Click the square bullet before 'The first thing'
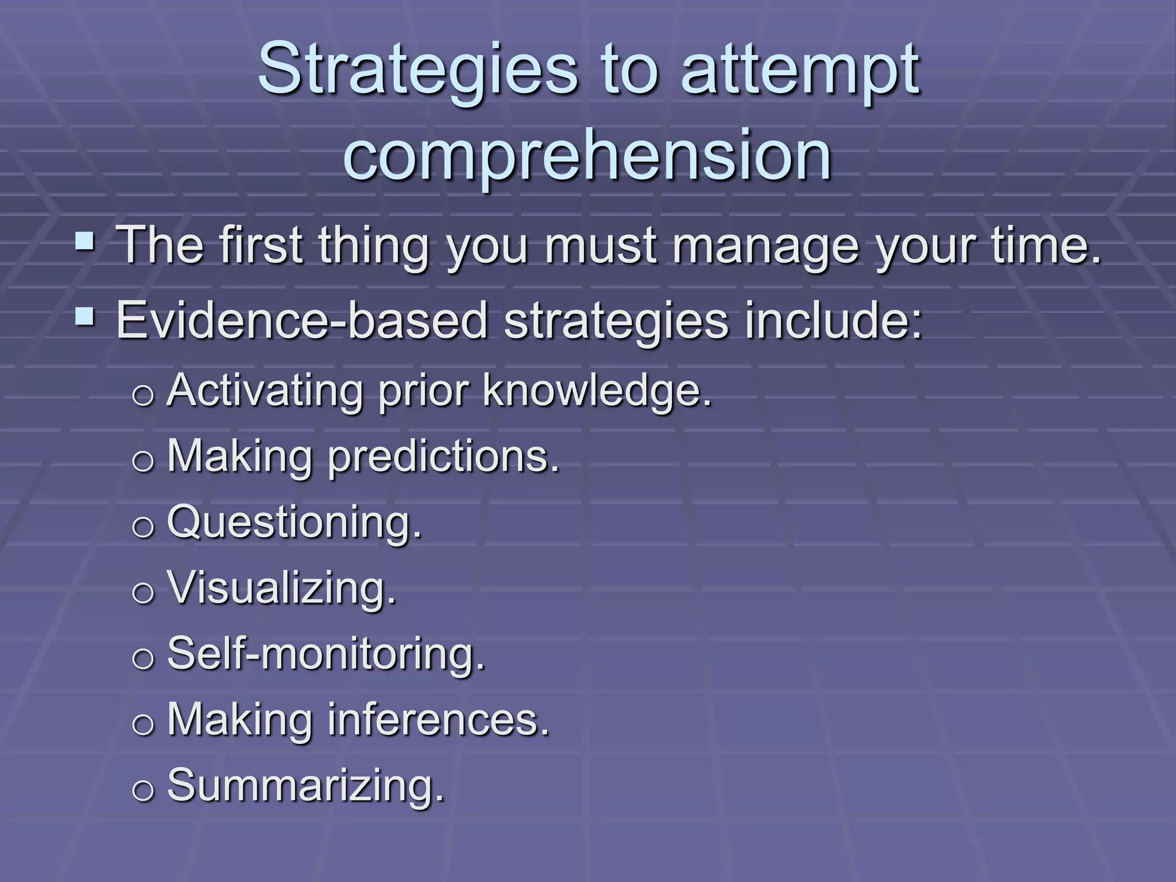(85, 241)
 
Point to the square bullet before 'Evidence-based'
(85, 315)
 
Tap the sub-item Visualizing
(282, 589)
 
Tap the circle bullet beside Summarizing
(143, 790)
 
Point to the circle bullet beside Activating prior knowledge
(143, 395)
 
